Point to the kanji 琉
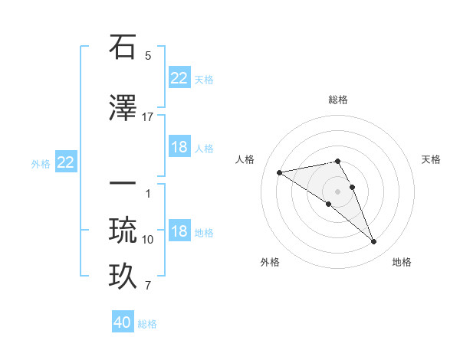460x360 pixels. click(123, 230)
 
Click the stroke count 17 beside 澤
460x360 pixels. click(148, 116)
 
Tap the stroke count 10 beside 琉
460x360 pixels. click(148, 240)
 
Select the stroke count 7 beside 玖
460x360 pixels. click(148, 286)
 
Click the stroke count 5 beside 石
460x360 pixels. click(148, 56)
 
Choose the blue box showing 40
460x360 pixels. click(123, 322)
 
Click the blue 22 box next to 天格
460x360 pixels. click(179, 78)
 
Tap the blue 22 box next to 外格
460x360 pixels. click(66, 162)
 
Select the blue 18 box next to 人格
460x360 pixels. click(179, 147)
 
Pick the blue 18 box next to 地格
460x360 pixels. click(179, 231)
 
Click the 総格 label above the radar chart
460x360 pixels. click(338, 100)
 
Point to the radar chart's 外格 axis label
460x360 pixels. click(270, 262)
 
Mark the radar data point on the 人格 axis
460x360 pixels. click(280, 172)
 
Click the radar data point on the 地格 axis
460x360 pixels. click(374, 242)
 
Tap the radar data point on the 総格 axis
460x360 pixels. click(338, 161)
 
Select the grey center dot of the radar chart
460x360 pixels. click(338, 191)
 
